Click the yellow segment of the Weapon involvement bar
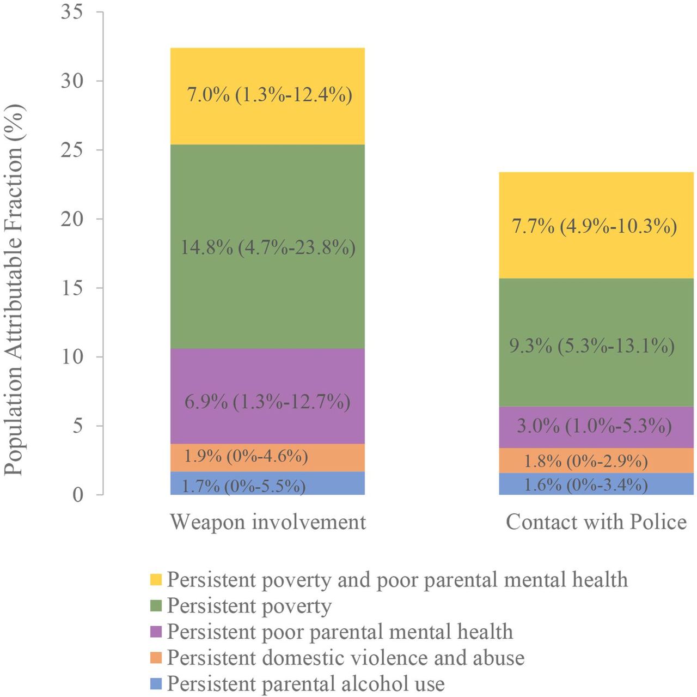(x=267, y=96)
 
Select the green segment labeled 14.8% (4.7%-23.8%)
(x=267, y=246)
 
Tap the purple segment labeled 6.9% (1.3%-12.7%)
(x=267, y=396)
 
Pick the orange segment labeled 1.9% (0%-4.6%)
(x=267, y=458)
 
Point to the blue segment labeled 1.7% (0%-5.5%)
(x=267, y=483)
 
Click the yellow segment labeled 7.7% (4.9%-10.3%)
(x=596, y=225)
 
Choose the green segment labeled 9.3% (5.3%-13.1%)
(x=596, y=343)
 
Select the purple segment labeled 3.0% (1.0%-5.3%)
(x=596, y=427)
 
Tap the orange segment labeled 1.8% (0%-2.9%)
(x=596, y=460)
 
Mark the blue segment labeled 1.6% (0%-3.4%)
(x=596, y=484)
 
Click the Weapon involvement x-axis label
(x=268, y=523)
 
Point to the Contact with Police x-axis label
(x=596, y=522)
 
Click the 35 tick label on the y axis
(x=72, y=12)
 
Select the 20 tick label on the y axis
(x=72, y=219)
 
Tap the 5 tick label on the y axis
(x=78, y=426)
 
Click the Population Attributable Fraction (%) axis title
(x=14, y=290)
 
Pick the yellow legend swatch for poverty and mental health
(x=156, y=579)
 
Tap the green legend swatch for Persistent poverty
(x=156, y=605)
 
